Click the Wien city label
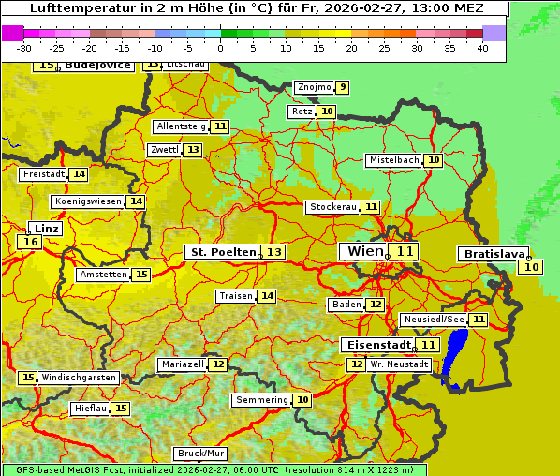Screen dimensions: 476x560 pyautogui.click(x=365, y=251)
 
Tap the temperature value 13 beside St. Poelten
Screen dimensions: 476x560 pyautogui.click(x=273, y=252)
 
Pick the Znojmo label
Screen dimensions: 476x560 pyautogui.click(x=314, y=87)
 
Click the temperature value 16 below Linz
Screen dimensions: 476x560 pyautogui.click(x=29, y=242)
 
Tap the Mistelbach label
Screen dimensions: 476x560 pyautogui.click(x=393, y=160)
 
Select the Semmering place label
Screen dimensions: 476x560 pyautogui.click(x=262, y=400)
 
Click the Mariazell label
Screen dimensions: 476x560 pyautogui.click(x=182, y=364)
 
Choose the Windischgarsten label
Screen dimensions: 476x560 pyautogui.click(x=79, y=378)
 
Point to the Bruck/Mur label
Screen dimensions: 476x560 pyautogui.click(x=201, y=454)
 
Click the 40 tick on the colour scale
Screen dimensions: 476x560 pyautogui.click(x=482, y=48)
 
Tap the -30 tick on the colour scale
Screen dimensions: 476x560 pyautogui.click(x=24, y=48)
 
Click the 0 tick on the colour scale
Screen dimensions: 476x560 pyautogui.click(x=220, y=48)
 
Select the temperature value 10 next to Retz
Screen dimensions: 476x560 pyautogui.click(x=326, y=112)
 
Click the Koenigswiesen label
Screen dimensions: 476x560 pyautogui.click(x=88, y=201)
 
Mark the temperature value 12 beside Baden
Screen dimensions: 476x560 pyautogui.click(x=375, y=305)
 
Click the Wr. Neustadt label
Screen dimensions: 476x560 pyautogui.click(x=400, y=364)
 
